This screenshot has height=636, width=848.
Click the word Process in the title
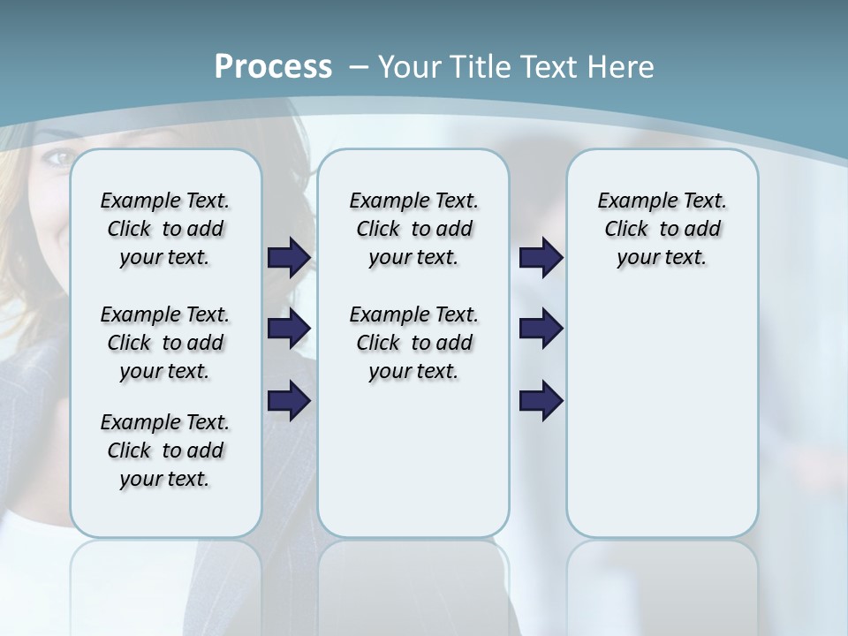click(x=273, y=67)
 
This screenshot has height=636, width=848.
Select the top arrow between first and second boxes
click(x=288, y=258)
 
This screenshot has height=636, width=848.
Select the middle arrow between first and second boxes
click(x=288, y=329)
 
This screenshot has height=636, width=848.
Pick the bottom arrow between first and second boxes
click(x=288, y=400)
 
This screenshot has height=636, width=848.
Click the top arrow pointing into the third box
click(x=541, y=258)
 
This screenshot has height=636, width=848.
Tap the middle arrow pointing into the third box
click(x=541, y=329)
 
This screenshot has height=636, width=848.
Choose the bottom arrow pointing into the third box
click(x=541, y=400)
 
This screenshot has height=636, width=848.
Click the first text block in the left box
click(x=165, y=229)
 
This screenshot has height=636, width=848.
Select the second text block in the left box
click(x=165, y=343)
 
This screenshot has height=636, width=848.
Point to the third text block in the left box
click(x=165, y=450)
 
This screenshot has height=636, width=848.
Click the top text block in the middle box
click(x=413, y=229)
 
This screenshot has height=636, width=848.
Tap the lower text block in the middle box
click(x=413, y=343)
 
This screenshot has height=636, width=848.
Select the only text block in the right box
click(x=662, y=229)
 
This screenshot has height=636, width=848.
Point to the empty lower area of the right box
click(x=662, y=415)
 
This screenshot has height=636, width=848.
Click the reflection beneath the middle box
click(x=413, y=583)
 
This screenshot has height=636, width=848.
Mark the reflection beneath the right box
click(x=662, y=583)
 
